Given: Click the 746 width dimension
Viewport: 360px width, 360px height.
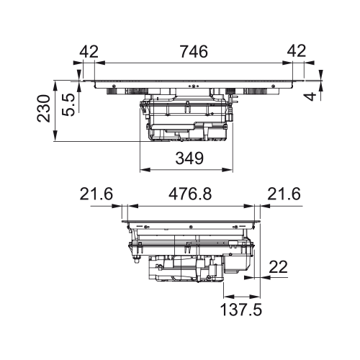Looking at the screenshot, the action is [x=194, y=52].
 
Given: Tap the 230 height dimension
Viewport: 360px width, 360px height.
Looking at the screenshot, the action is [x=44, y=109].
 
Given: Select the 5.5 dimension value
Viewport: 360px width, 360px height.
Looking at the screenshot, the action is [x=68, y=104].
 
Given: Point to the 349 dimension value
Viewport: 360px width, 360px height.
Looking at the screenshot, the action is [x=189, y=158].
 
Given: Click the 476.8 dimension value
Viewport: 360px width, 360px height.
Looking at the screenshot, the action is [x=190, y=194].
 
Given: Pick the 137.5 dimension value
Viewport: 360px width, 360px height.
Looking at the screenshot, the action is [x=241, y=310].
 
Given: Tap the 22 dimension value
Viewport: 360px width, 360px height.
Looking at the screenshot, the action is [x=278, y=267].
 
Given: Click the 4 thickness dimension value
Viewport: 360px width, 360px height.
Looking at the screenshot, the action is [x=311, y=96].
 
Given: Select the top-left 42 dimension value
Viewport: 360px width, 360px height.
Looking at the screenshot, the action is [x=89, y=51].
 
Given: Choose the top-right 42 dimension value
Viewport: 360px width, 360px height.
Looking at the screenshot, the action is [x=297, y=51].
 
